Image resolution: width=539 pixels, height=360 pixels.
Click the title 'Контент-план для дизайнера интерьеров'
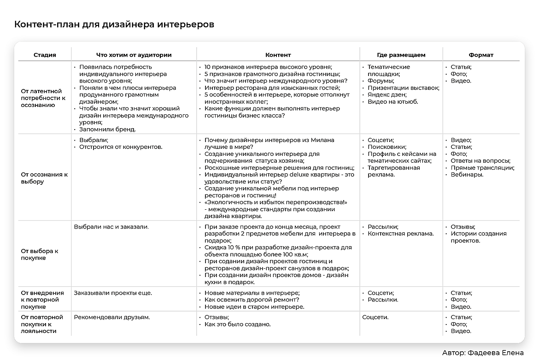click(114, 24)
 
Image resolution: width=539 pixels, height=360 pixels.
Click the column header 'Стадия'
click(45, 55)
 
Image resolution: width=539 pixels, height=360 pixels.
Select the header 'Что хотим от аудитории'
click(134, 55)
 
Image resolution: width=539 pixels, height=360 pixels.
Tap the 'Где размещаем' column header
click(401, 55)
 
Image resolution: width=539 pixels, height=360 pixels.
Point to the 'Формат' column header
click(481, 55)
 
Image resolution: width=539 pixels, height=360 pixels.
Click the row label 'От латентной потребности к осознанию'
click(43, 98)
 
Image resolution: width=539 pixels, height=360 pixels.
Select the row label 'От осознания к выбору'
click(44, 178)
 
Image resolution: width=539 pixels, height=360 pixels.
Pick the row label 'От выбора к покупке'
click(40, 254)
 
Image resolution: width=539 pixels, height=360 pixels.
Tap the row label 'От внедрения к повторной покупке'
click(42, 300)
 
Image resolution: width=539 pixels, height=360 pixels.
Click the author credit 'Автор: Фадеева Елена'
click(482, 353)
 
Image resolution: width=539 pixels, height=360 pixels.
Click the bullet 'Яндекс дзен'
click(387, 94)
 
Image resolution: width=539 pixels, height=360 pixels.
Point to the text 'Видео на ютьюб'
click(393, 101)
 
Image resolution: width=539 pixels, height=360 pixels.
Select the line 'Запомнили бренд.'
click(107, 130)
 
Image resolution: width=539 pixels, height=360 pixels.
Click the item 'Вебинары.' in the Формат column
click(467, 175)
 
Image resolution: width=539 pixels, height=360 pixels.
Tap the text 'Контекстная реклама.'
click(400, 234)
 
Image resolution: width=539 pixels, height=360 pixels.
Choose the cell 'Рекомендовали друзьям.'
click(112, 317)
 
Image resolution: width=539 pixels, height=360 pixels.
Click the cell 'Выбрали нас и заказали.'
click(111, 227)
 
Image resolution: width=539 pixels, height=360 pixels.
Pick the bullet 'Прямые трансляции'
click(482, 168)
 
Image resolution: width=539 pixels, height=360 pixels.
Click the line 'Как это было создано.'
click(237, 324)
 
